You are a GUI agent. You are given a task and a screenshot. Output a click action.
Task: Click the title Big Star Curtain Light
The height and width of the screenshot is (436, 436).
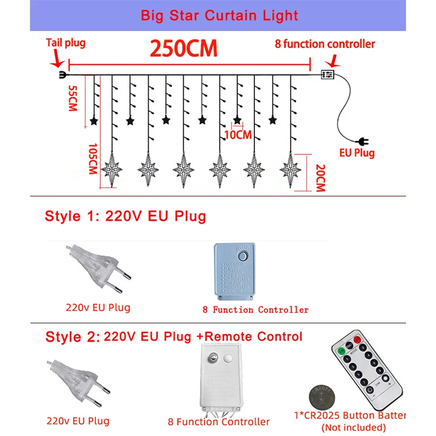coord(219,15)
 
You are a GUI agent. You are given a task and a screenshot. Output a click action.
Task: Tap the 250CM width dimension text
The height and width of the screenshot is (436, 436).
coord(184,49)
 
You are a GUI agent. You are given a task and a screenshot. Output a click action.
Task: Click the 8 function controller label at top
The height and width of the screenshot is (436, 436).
coord(324,44)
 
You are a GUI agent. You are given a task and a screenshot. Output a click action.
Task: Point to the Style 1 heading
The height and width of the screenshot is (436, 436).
coord(125,216)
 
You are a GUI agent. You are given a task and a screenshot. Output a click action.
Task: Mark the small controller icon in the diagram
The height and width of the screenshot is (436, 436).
coord(328,75)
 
